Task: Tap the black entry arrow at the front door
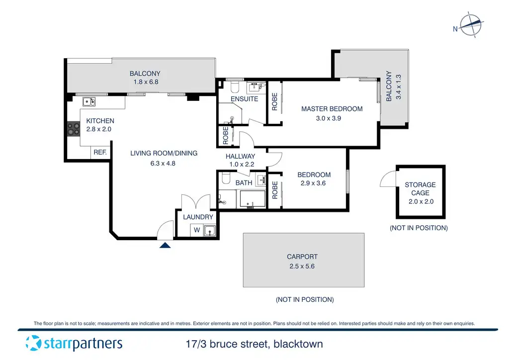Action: (x=166, y=245)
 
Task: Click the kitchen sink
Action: (x=90, y=101)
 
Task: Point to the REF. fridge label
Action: (x=100, y=153)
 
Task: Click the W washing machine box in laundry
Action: (x=197, y=230)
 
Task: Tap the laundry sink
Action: (x=211, y=230)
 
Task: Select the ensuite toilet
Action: (x=236, y=87)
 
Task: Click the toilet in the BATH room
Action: (x=226, y=179)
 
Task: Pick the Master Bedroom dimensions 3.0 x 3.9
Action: (x=332, y=118)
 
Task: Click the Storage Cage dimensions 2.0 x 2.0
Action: (x=420, y=202)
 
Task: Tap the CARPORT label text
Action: (x=302, y=257)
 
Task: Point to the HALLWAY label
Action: (x=240, y=157)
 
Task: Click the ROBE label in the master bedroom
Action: (x=274, y=102)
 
